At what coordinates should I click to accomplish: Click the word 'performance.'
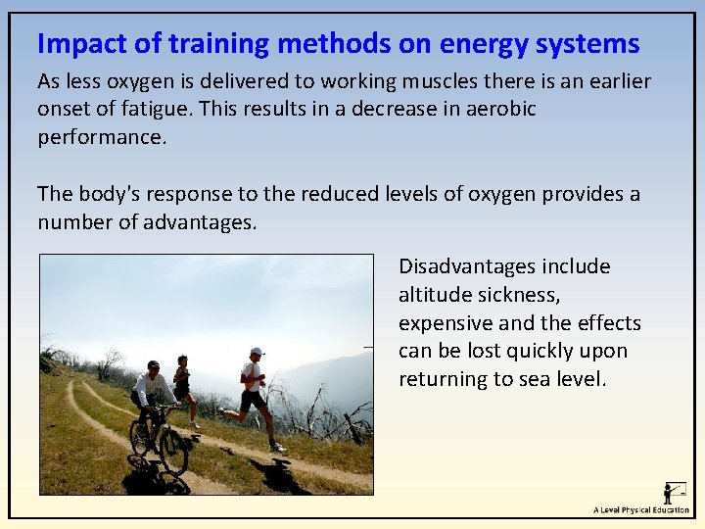click(102, 137)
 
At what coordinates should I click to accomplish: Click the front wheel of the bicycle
click(172, 452)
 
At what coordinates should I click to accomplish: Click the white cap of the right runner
click(257, 351)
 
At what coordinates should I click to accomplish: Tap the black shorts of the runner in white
click(254, 400)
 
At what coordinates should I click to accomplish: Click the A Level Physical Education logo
click(641, 499)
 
